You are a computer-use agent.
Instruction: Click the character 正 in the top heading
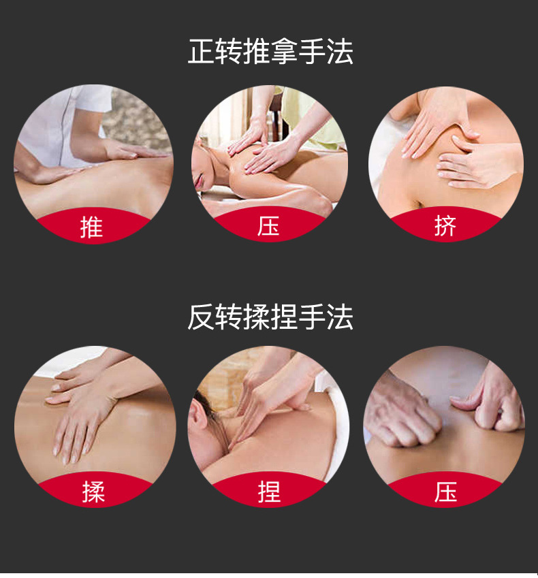[x=202, y=52]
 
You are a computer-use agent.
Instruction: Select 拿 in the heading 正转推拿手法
[x=284, y=52]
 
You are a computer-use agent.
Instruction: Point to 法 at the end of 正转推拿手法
[x=340, y=52]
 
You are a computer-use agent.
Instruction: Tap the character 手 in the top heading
[x=312, y=52]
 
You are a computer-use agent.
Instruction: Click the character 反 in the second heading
[x=202, y=317]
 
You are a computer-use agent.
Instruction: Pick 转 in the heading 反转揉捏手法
[x=229, y=317]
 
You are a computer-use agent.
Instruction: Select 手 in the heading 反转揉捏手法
[x=312, y=317]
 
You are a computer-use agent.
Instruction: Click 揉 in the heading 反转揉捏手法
[x=257, y=317]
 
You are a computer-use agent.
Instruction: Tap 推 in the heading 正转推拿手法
[x=257, y=52]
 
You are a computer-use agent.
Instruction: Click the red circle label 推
[x=91, y=227]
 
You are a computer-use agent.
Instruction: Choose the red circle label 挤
[x=445, y=225]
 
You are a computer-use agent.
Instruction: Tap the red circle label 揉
[x=93, y=492]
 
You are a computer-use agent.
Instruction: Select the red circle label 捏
[x=269, y=492]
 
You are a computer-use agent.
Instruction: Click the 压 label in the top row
[x=268, y=225]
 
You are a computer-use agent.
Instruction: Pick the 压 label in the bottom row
[x=446, y=492]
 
